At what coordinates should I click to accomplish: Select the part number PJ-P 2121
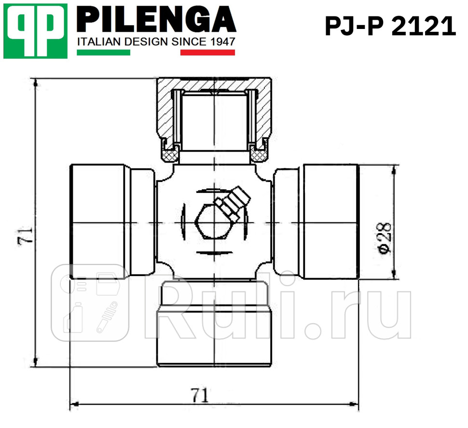tap(390, 27)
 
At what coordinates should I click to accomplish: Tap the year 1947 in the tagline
tap(223, 42)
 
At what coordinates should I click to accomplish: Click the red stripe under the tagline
tap(207, 52)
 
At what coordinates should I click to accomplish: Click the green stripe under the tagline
tap(103, 52)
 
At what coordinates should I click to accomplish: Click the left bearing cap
tap(99, 222)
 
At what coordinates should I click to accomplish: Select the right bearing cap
tap(330, 222)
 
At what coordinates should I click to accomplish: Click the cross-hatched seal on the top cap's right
tap(258, 155)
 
